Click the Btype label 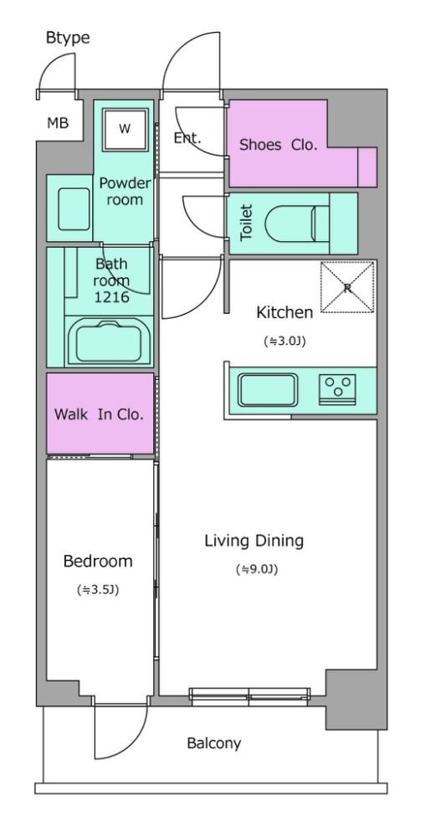[68, 39]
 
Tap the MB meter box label [58, 123]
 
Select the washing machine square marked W [125, 130]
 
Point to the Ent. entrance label [187, 138]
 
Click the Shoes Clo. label [279, 145]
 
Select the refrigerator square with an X [347, 286]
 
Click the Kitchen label [284, 312]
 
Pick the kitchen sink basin [268, 390]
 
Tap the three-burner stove [337, 389]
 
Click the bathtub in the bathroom [110, 341]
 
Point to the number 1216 [112, 297]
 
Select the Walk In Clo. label [100, 414]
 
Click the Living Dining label [254, 541]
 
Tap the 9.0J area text [257, 569]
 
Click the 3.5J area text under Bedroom [98, 590]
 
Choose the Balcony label [214, 743]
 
